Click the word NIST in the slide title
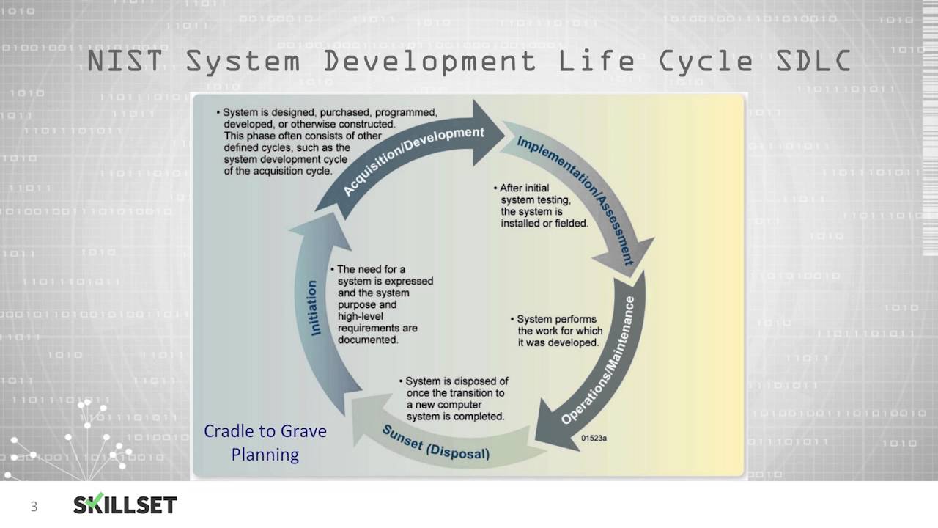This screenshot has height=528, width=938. (125, 61)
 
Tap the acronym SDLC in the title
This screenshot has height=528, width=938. (813, 61)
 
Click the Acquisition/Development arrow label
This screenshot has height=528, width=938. (414, 160)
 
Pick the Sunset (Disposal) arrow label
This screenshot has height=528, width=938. (435, 444)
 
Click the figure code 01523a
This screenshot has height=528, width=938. (594, 439)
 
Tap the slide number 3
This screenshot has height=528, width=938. (34, 507)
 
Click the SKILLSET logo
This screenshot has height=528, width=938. (125, 504)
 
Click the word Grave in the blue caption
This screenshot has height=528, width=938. (303, 431)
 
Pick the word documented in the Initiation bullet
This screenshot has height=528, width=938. (368, 340)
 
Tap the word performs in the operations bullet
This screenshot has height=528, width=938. (577, 319)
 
